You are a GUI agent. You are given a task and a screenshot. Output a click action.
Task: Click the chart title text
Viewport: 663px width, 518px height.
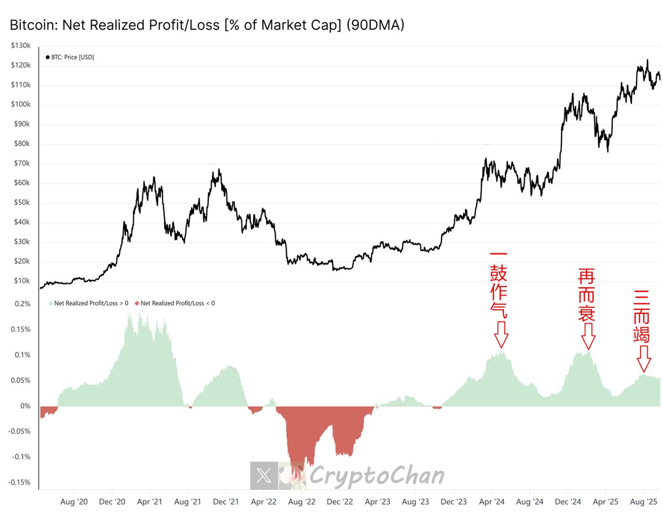pos(207,25)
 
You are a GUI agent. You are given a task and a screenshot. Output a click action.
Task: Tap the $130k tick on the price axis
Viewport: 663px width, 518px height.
pos(21,46)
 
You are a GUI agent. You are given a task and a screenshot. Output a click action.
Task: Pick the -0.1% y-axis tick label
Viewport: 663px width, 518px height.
pos(20,457)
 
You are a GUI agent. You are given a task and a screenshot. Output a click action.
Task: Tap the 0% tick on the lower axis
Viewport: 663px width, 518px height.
pos(25,406)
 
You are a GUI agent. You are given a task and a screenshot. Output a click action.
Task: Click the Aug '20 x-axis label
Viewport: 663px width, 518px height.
pos(73,502)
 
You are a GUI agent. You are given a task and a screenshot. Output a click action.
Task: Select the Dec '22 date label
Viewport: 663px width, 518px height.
pos(340,502)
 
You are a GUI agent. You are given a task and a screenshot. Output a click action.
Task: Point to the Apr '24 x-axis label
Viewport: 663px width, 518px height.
pos(492,502)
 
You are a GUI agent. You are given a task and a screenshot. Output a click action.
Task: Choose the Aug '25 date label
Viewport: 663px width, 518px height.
pos(644,502)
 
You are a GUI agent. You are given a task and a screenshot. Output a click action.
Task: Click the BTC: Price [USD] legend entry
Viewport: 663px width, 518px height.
pos(70,57)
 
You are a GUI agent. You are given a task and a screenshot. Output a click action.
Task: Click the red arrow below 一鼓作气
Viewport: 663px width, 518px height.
pos(501,335)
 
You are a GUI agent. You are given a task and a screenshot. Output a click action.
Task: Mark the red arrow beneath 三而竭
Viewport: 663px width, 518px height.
pos(643,359)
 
